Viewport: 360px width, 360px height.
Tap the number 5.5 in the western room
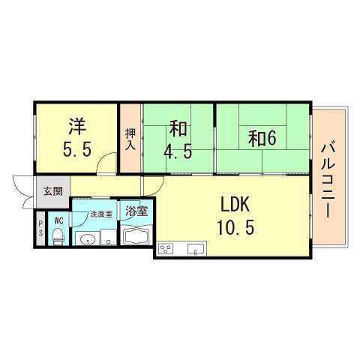pyautogui.click(x=77, y=149)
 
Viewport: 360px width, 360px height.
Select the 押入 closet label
pyautogui.click(x=130, y=138)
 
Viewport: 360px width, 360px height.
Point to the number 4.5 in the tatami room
pyautogui.click(x=178, y=151)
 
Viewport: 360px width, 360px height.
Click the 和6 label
pyautogui.click(x=263, y=138)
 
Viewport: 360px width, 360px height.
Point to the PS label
pyautogui.click(x=40, y=229)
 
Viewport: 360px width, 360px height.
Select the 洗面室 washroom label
pyautogui.click(x=100, y=214)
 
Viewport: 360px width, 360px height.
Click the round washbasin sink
pyautogui.click(x=88, y=239)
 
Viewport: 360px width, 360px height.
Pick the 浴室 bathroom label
pyautogui.click(x=136, y=211)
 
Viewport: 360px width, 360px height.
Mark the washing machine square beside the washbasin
pyautogui.click(x=109, y=240)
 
